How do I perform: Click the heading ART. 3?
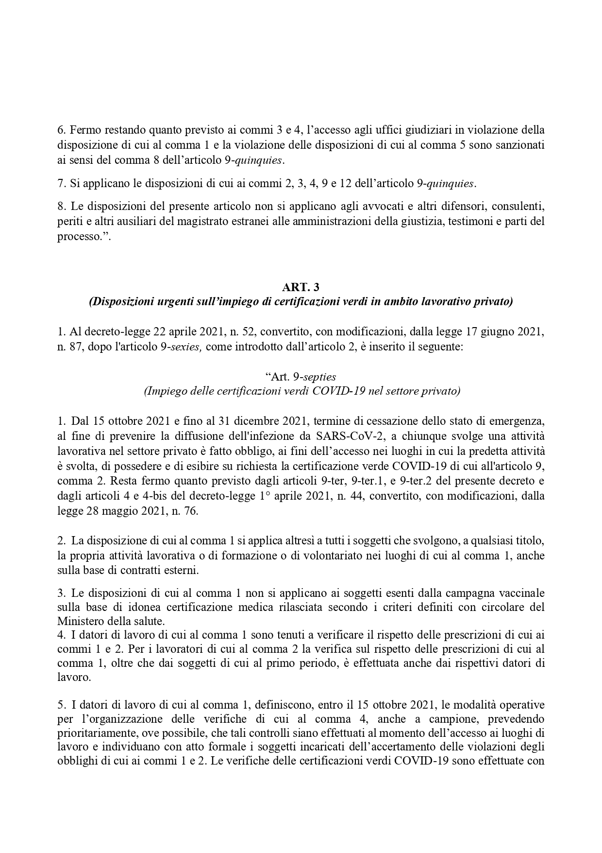pos(301,288)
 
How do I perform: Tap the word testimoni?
pos(465,221)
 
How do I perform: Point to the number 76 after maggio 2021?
pos(190,512)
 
